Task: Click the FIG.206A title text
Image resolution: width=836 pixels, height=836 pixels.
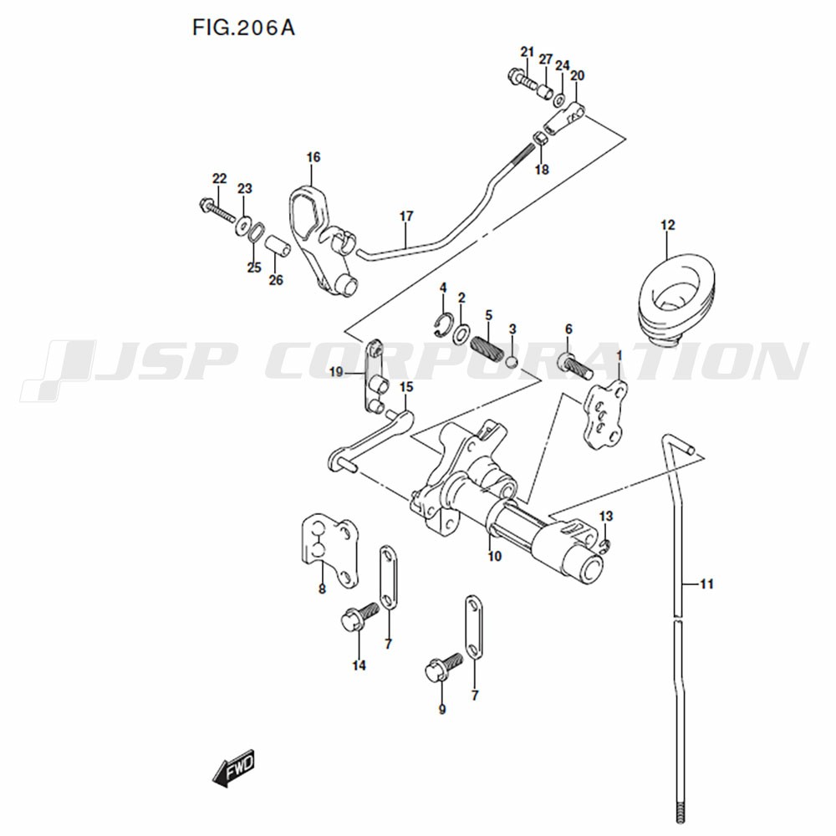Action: click(x=243, y=28)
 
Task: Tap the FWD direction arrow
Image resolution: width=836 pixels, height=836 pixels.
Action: click(x=233, y=770)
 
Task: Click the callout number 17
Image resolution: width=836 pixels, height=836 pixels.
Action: click(x=406, y=217)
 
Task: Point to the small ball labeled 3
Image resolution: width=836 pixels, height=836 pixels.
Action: click(x=512, y=363)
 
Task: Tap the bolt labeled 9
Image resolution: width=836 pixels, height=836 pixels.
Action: click(x=442, y=666)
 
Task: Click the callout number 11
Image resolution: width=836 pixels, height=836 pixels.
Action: click(x=706, y=584)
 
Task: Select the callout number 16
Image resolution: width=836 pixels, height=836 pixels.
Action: click(x=313, y=157)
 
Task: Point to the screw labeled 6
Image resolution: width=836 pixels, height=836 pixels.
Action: click(x=575, y=366)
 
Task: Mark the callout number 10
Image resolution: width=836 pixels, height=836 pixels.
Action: click(x=495, y=556)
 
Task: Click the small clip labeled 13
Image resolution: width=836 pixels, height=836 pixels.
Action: click(x=604, y=544)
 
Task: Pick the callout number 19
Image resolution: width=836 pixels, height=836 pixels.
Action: click(x=336, y=372)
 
